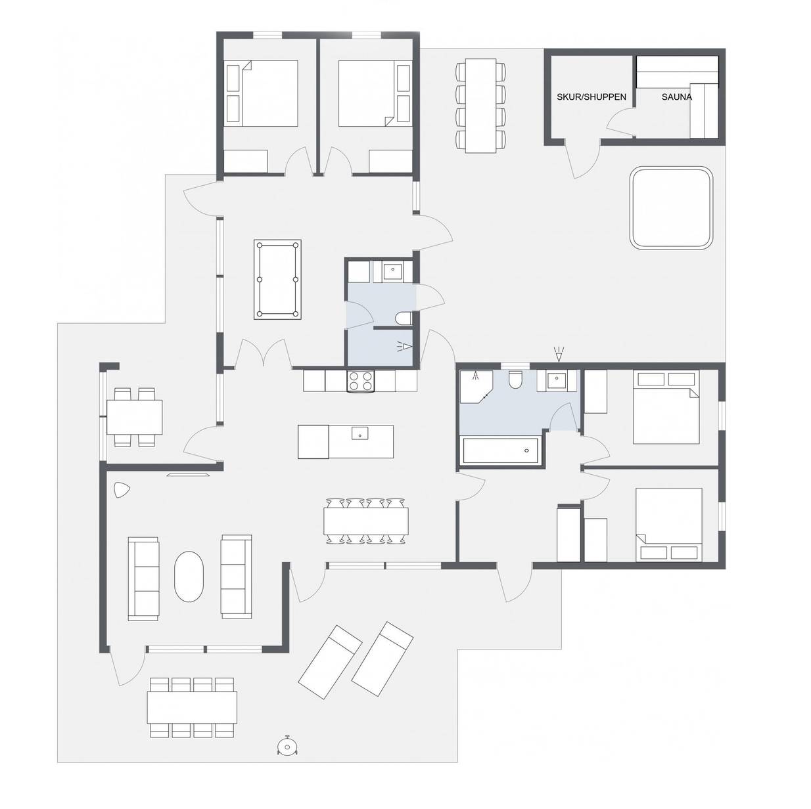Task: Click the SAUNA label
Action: click(676, 97)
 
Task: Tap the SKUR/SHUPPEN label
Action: click(591, 97)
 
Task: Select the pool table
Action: click(277, 279)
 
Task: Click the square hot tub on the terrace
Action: click(671, 207)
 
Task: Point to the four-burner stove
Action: click(360, 381)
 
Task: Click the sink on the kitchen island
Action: click(360, 433)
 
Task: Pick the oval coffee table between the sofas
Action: click(189, 577)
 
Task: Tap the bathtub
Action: click(500, 450)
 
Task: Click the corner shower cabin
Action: click(476, 386)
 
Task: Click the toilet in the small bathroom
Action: click(404, 318)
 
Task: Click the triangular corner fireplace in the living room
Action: click(121, 490)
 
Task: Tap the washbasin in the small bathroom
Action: click(392, 271)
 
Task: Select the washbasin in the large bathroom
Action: click(557, 380)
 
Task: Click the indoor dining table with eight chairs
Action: click(365, 521)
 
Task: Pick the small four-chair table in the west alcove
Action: click(134, 416)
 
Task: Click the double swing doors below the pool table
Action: click(264, 353)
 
